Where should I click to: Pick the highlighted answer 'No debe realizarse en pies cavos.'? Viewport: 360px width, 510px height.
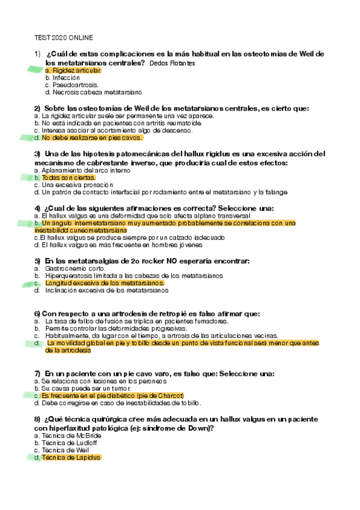[91, 138]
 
